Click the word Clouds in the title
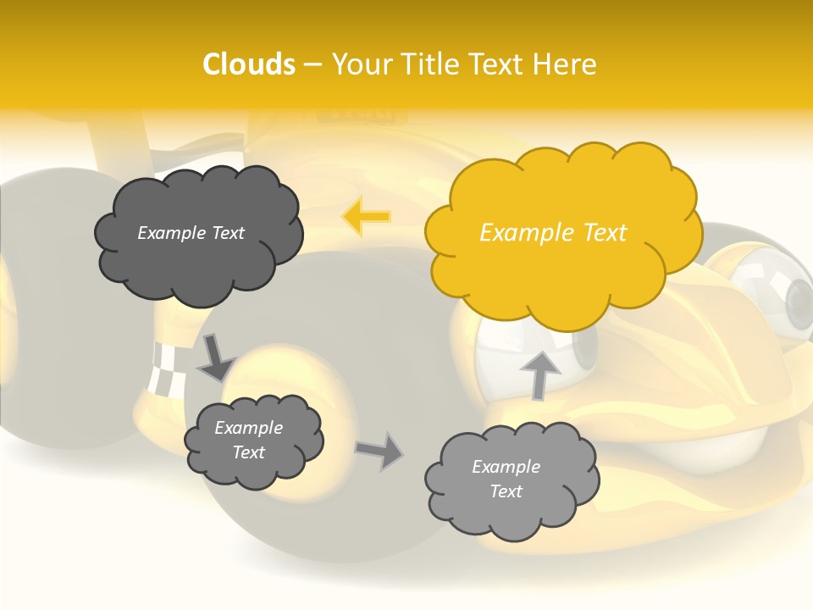249,64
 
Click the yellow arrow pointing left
366,217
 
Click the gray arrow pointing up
539,374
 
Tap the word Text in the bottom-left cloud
248,452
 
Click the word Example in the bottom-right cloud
506,467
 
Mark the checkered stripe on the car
163,369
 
